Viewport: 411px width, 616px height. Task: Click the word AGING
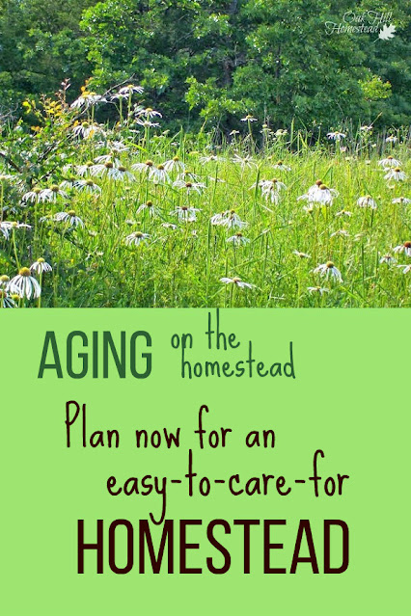point(96,355)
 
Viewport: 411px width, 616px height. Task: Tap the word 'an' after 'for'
point(260,437)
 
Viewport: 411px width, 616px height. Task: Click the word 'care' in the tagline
point(257,484)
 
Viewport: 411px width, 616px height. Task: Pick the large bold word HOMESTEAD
point(213,547)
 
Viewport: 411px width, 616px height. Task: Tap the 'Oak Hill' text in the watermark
point(357,17)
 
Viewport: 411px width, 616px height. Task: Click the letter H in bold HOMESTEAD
point(91,547)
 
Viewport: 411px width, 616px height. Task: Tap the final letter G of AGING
point(139,355)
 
